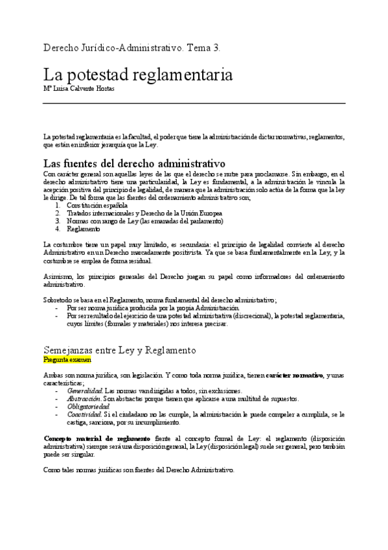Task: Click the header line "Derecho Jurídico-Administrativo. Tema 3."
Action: click(x=131, y=48)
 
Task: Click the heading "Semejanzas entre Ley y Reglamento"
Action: click(x=119, y=350)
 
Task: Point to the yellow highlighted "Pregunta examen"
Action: click(x=67, y=359)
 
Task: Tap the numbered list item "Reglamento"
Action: click(x=83, y=229)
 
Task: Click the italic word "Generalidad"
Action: click(x=84, y=391)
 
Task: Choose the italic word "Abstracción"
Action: click(x=84, y=399)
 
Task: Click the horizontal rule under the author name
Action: click(x=194, y=104)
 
